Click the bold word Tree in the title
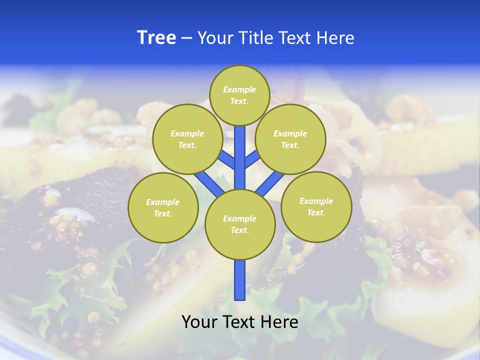pos(156,38)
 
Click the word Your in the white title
pos(215,38)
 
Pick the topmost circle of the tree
pos(239,95)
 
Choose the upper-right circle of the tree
pos(290,139)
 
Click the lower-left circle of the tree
pos(163,207)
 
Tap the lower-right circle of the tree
pos(316,206)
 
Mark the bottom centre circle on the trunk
pos(240,224)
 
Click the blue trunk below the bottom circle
pos(240,280)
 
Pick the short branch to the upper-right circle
pos(252,159)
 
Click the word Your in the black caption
pos(199,322)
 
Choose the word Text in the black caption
pos(239,322)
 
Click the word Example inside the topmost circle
pos(239,89)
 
